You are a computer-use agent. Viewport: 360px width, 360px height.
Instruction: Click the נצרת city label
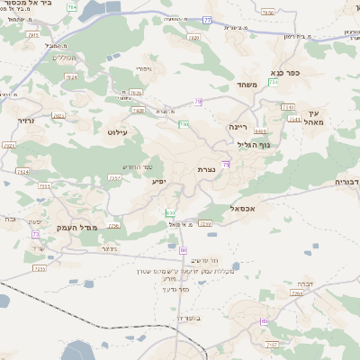[206, 169]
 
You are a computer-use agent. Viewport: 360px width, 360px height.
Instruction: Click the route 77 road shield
[208, 19]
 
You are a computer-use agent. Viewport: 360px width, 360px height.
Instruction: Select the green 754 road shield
[184, 124]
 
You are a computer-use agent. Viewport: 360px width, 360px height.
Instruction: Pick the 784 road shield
[72, 8]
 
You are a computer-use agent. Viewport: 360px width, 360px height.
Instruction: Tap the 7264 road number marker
[297, 293]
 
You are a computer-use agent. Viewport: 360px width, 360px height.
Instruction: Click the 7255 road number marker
[39, 268]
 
